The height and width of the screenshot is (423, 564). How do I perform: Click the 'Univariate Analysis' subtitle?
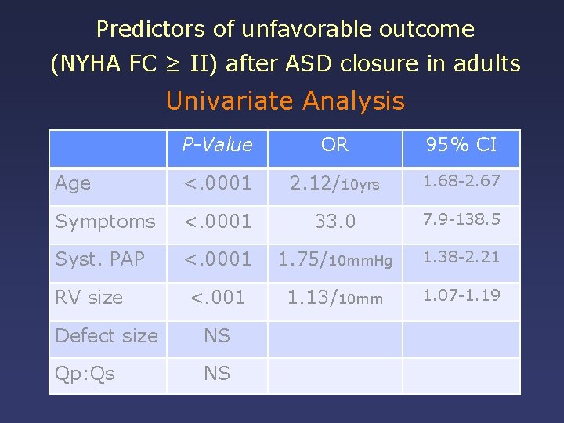click(x=285, y=101)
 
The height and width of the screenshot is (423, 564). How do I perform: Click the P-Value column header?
click(x=217, y=145)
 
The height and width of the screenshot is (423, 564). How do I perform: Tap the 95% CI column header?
click(x=461, y=145)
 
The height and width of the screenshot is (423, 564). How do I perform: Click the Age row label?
click(x=73, y=183)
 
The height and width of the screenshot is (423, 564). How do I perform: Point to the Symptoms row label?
click(x=105, y=222)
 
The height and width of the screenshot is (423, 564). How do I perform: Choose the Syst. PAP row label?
click(x=99, y=258)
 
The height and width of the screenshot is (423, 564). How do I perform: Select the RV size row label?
click(x=89, y=298)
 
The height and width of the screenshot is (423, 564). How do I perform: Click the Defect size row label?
click(x=107, y=336)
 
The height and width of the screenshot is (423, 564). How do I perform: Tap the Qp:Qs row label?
click(x=85, y=374)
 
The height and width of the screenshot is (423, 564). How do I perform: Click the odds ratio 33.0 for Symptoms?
click(x=334, y=222)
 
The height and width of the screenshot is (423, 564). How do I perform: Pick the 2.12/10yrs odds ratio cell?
click(x=334, y=184)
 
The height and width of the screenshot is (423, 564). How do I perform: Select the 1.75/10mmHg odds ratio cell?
click(x=334, y=259)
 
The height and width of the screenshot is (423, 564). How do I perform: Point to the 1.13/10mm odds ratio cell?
click(x=334, y=298)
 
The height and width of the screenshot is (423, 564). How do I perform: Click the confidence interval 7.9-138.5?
click(x=461, y=219)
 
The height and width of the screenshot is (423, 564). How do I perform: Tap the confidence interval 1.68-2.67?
click(x=461, y=181)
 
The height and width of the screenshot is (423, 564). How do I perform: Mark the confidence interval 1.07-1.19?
click(x=461, y=295)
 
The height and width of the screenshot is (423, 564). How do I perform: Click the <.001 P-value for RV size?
click(x=217, y=298)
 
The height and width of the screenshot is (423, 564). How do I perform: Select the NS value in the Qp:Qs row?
click(x=217, y=374)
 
